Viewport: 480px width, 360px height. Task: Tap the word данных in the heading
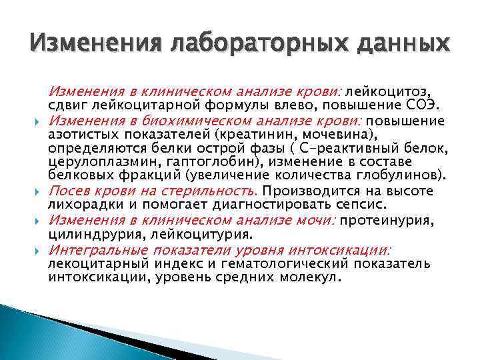point(394,45)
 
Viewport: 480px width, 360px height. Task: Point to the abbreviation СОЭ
point(423,105)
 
